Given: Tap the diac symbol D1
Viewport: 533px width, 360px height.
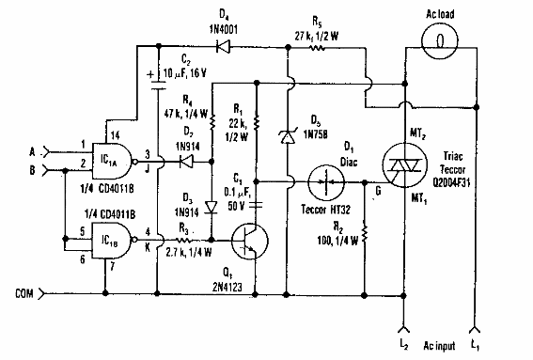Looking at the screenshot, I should click(x=325, y=180).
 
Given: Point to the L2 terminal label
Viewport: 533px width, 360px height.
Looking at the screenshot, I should click(x=404, y=348).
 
